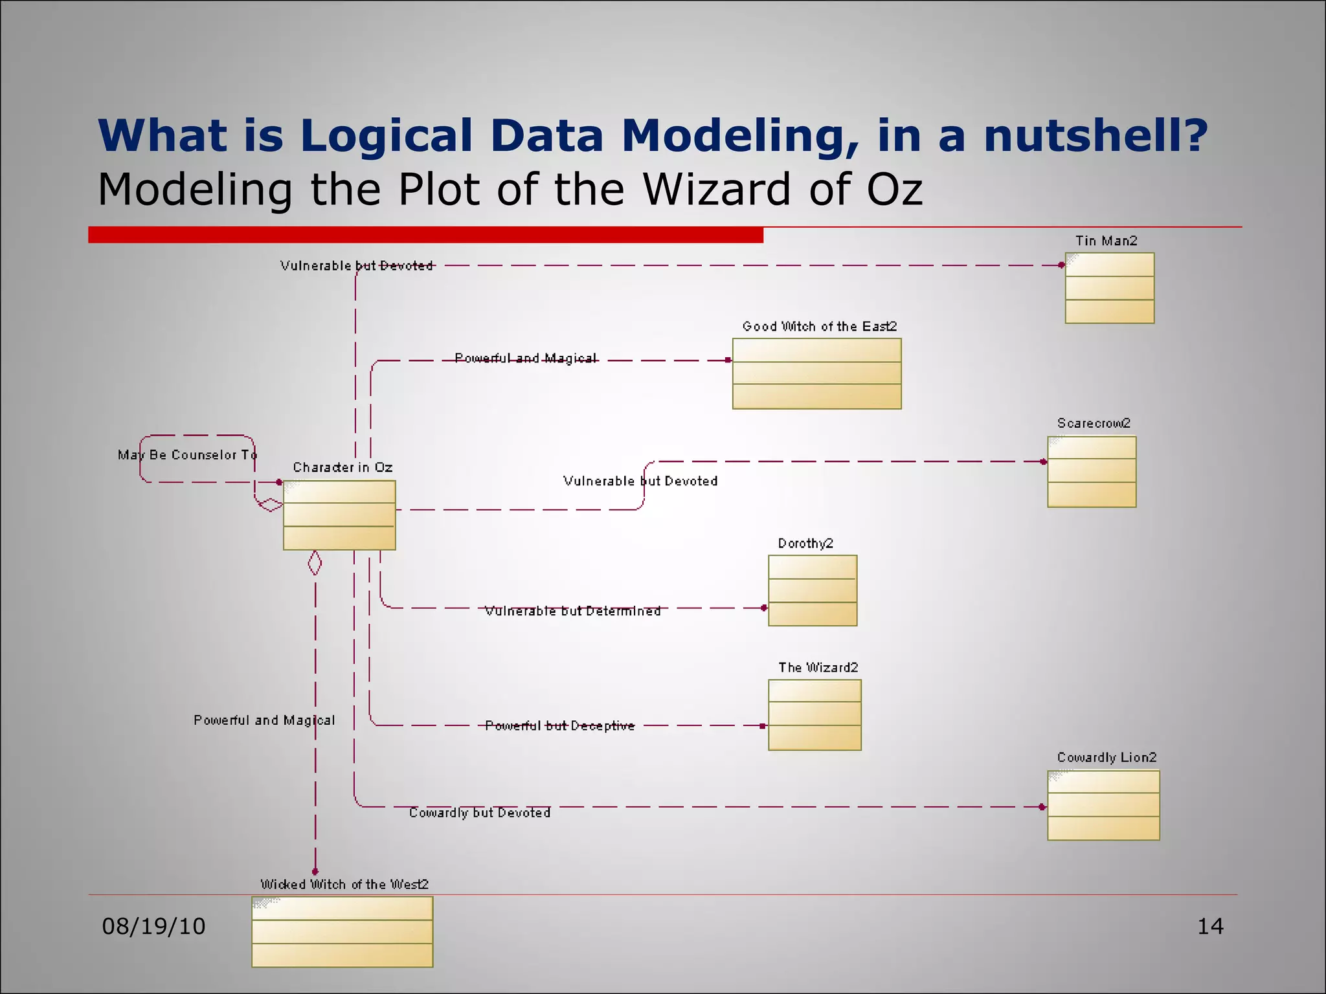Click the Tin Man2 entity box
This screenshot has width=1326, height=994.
1109,288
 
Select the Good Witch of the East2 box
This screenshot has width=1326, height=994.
816,373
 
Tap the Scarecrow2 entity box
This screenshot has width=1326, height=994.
1092,472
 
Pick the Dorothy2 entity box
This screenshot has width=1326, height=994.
813,590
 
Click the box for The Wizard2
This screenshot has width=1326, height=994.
815,714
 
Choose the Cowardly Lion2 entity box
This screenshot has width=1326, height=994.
1103,805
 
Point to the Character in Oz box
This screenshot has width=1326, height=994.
339,515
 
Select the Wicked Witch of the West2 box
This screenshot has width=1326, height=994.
342,931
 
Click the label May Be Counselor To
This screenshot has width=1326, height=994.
187,455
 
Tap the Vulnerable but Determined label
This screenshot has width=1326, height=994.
573,611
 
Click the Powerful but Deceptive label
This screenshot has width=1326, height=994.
560,726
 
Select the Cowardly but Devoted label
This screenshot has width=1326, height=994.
480,813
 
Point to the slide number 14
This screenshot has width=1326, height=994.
1210,927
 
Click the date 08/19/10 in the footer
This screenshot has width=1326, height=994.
153,927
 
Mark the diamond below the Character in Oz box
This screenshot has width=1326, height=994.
315,563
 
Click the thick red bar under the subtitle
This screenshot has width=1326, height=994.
425,235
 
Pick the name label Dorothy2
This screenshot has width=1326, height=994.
805,544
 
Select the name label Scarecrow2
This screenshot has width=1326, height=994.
1094,423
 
